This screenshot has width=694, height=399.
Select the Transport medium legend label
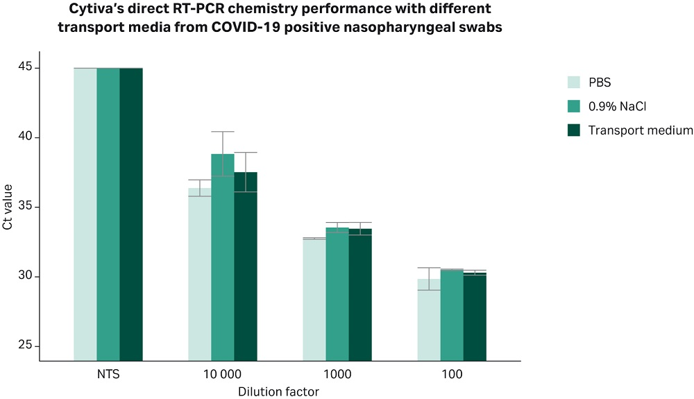(x=640, y=130)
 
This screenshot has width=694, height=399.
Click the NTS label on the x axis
(x=108, y=374)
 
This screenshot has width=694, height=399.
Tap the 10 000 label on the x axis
(x=223, y=374)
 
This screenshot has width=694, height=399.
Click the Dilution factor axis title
(x=278, y=392)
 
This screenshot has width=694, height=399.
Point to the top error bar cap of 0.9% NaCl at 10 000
(x=223, y=131)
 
